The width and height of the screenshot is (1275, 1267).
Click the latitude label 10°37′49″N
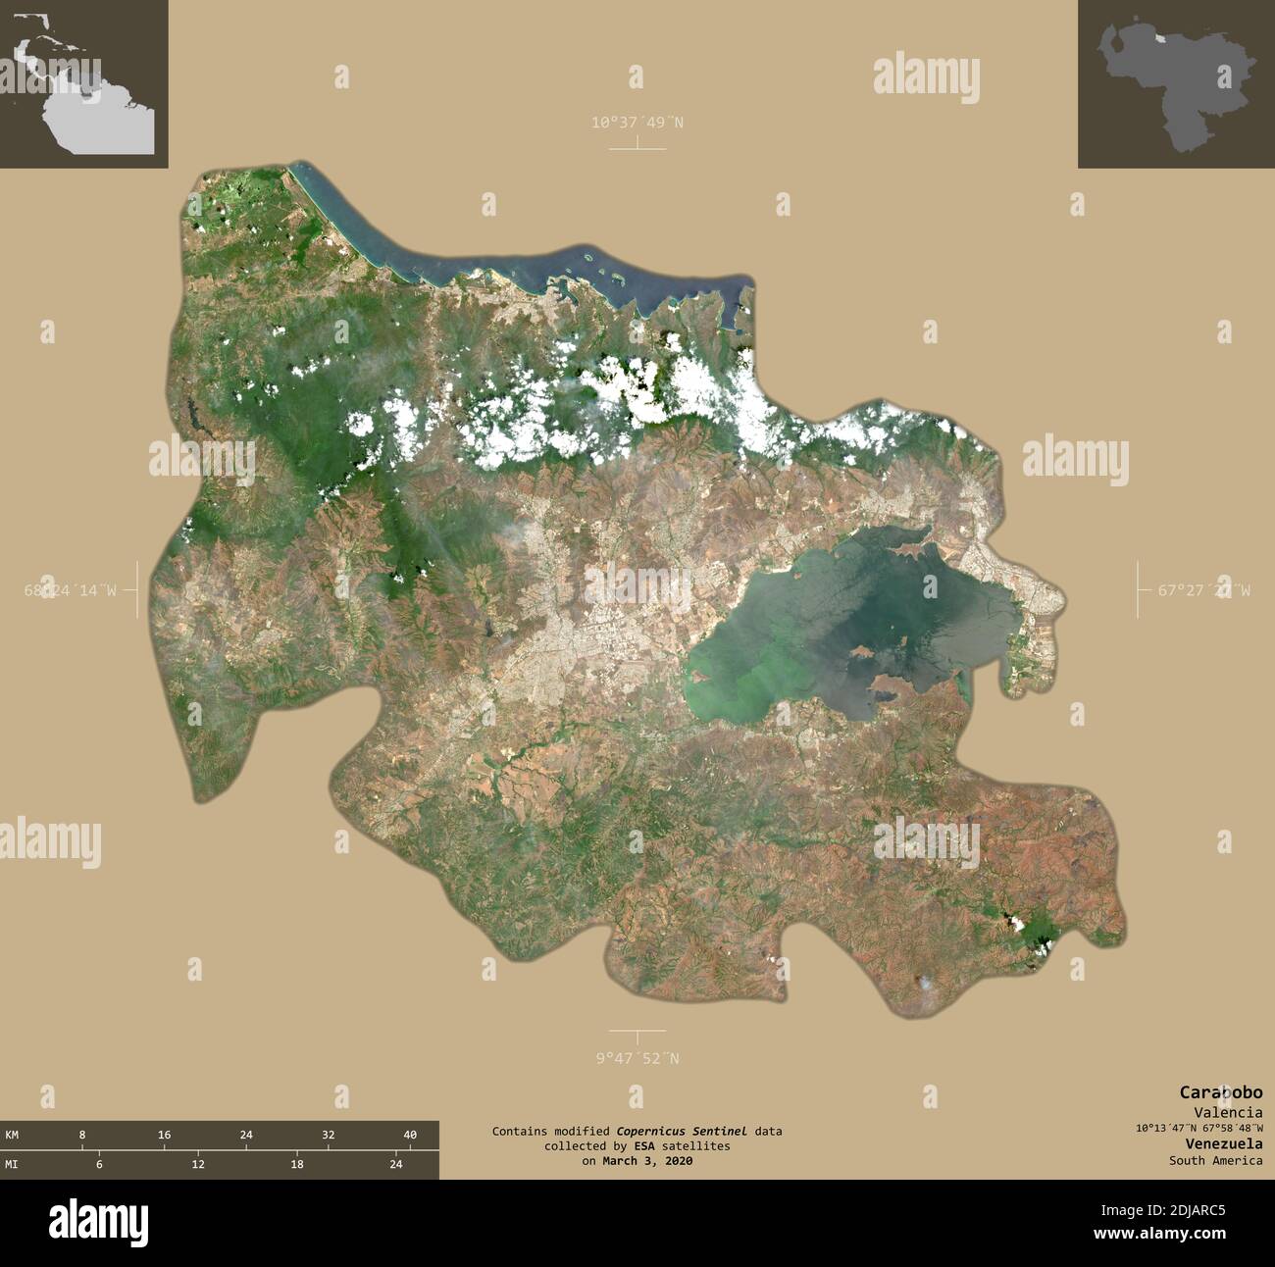tap(637, 123)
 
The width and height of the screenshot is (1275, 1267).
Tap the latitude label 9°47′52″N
tap(637, 1058)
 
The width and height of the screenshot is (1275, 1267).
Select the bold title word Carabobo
tap(1220, 1092)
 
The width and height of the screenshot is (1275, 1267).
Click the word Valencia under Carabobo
tap(1228, 1112)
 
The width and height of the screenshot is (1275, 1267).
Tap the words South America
tap(1215, 1161)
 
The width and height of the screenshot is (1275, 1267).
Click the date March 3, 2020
tap(648, 1161)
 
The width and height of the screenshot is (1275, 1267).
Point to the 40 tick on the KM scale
tap(410, 1135)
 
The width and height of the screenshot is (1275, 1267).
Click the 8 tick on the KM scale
tap(82, 1135)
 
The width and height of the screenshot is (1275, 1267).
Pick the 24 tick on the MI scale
tap(396, 1164)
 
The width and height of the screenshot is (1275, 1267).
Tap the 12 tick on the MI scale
tap(198, 1164)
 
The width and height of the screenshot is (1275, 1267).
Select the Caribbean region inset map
tap(83, 83)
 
